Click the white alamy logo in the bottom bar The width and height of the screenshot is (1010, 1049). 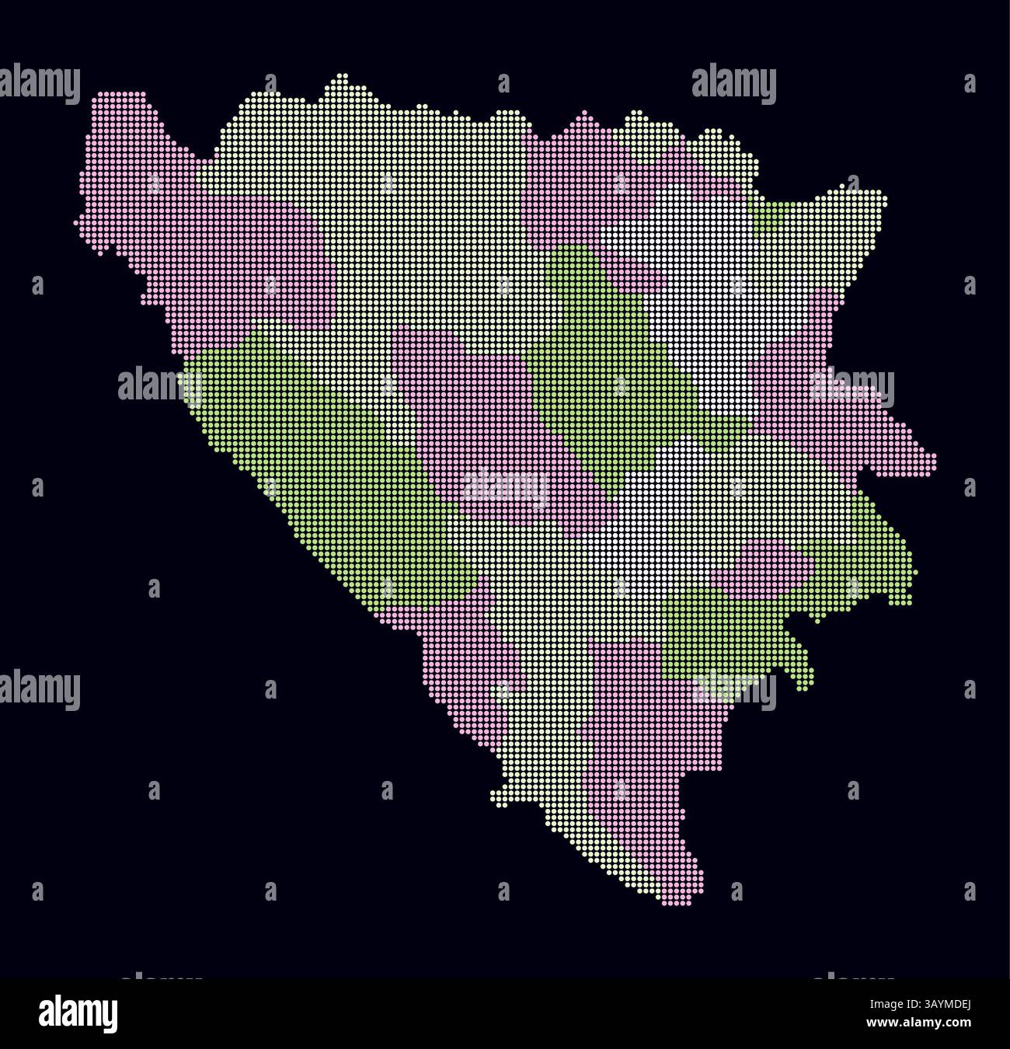click(x=78, y=1013)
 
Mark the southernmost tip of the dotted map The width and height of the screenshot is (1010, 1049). click(x=668, y=902)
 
